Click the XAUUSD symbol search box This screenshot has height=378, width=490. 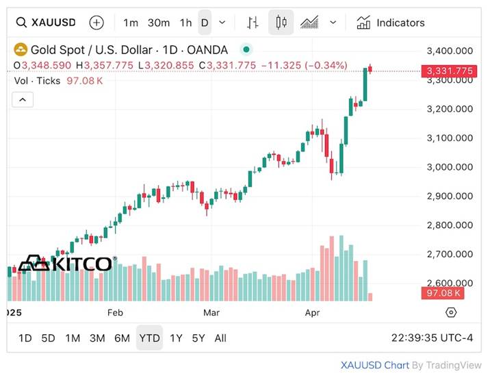coord(49,23)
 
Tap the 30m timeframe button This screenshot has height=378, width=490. coord(158,23)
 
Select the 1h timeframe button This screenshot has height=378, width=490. coord(185,23)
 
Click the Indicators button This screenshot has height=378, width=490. coord(391,23)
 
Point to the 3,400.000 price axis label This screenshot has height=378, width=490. coord(449,51)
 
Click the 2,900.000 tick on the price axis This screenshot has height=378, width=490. coord(449,196)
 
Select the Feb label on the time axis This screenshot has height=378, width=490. coord(115,312)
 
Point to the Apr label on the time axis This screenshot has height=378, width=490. coord(311,312)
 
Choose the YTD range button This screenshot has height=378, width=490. coord(149,338)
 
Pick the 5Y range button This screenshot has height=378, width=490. coord(198,338)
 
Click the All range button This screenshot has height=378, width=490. coord(220,338)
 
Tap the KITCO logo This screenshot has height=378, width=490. coord(66,264)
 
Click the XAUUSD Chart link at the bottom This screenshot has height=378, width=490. coord(375,365)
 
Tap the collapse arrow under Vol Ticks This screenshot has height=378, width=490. coord(23,100)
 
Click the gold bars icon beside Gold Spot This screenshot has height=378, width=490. coord(21,49)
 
